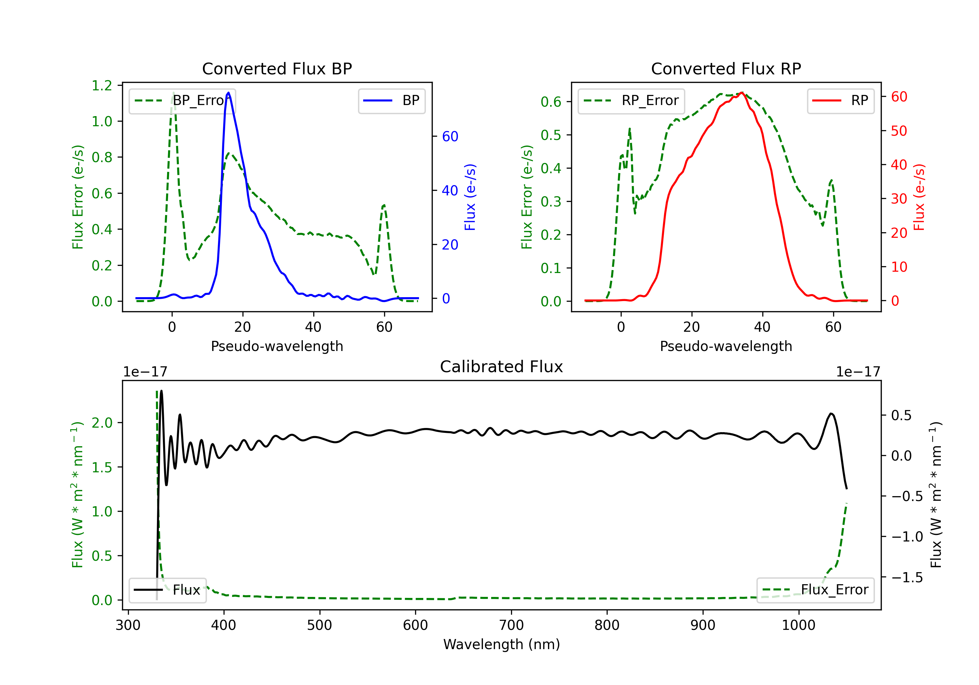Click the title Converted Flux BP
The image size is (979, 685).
point(277,68)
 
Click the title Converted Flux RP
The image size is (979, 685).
point(726,68)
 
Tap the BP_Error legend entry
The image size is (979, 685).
point(182,100)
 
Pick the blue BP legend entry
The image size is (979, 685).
point(391,100)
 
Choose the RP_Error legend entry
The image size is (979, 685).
point(631,100)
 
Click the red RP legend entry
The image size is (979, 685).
point(840,100)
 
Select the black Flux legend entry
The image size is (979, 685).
point(168,590)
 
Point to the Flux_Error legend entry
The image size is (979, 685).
point(815,590)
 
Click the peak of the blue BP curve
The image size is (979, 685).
point(228,93)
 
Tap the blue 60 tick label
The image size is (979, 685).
point(450,136)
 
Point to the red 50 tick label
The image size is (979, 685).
point(899,131)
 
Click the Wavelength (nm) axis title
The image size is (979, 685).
point(502,644)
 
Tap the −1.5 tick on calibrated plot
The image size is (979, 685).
point(907,578)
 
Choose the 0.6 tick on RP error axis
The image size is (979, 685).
point(551,102)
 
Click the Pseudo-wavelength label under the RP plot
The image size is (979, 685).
point(726,346)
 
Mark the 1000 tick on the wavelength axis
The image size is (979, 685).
point(798,625)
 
